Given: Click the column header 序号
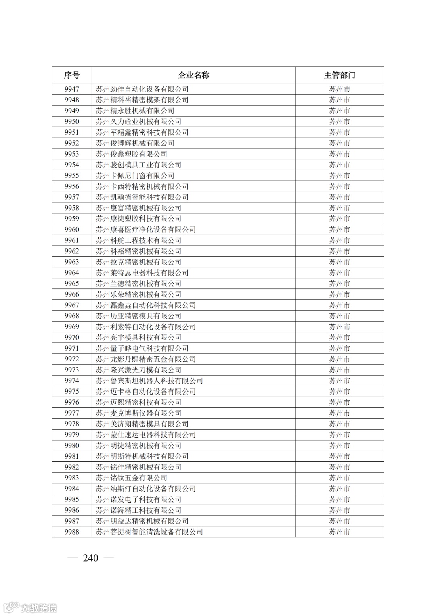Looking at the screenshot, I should pos(72,75).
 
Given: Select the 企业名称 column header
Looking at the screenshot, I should pos(193,75).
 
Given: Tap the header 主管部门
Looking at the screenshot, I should pos(339,75).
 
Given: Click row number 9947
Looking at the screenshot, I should pos(72,89).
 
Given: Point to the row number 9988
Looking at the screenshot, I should pos(72,532).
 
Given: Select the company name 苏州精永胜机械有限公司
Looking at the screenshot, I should pos(135,111).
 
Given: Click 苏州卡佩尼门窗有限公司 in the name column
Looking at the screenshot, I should pos(135,175).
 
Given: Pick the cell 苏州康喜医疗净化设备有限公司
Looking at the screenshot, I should pos(145,230).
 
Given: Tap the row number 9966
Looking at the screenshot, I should pos(72,294).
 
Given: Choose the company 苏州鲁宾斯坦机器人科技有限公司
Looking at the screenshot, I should pos(149,381).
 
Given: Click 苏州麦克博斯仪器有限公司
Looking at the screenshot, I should pos(138,413).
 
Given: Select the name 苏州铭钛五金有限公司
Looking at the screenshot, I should pos(131,478).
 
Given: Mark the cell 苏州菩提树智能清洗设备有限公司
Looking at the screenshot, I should pos(149,532).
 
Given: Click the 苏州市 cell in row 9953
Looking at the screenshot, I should pos(339,154).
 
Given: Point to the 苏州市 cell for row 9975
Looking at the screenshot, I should pos(339,392).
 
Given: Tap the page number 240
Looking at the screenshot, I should pos(90,558).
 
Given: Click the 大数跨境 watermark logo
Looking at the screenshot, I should pos(30,608).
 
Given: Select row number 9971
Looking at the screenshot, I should pos(72,349).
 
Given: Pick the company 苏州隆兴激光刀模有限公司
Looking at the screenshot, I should pos(138,370).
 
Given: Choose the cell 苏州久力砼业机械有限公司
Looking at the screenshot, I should pos(138,121).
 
